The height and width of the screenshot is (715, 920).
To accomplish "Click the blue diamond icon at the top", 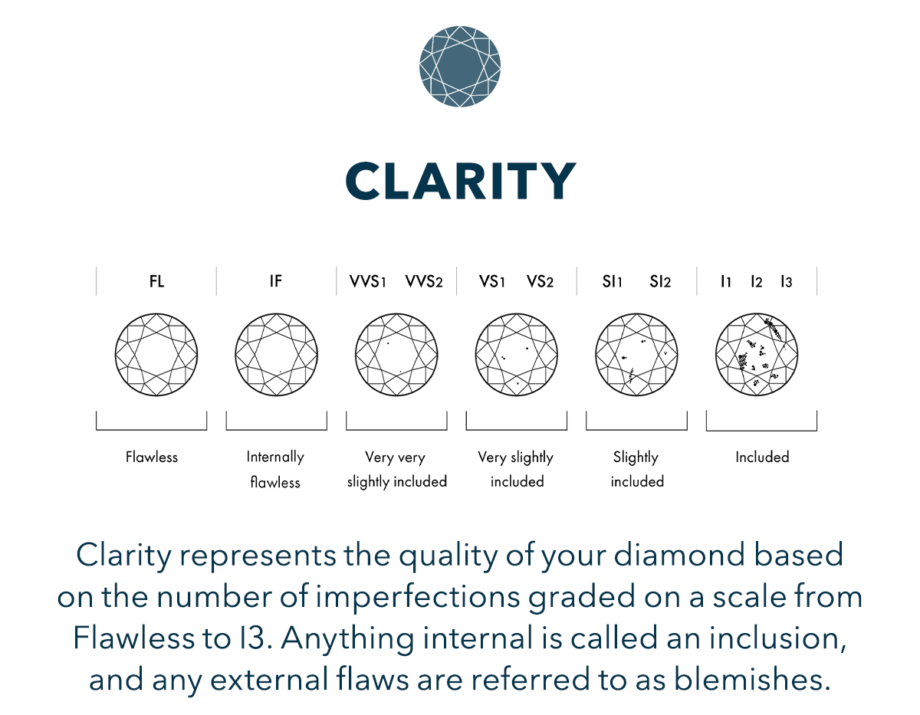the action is (460, 67).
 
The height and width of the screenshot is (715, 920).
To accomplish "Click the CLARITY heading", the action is (461, 181).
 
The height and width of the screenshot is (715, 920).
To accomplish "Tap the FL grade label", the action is (156, 281).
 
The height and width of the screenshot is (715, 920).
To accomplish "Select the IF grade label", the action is (276, 281).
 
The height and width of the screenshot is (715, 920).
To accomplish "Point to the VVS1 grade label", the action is (367, 281).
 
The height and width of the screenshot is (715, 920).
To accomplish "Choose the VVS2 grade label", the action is (424, 281).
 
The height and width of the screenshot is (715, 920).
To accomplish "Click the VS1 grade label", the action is (492, 281).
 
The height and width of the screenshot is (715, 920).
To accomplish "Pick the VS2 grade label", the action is (540, 281).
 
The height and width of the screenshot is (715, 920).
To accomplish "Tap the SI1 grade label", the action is (613, 281).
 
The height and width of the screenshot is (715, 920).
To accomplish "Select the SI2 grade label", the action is (660, 281).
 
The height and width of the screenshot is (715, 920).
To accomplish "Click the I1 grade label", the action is (726, 281).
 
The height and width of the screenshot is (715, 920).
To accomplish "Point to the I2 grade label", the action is (757, 281).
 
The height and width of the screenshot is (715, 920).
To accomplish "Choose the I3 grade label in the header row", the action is (787, 281).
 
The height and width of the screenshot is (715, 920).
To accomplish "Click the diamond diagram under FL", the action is (156, 355).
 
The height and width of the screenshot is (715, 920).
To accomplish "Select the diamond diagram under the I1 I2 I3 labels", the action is (757, 355).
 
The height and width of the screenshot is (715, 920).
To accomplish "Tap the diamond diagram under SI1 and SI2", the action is (636, 355).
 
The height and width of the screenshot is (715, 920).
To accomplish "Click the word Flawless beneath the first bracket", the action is (152, 457).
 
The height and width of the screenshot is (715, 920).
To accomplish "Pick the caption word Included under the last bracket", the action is (762, 457).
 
